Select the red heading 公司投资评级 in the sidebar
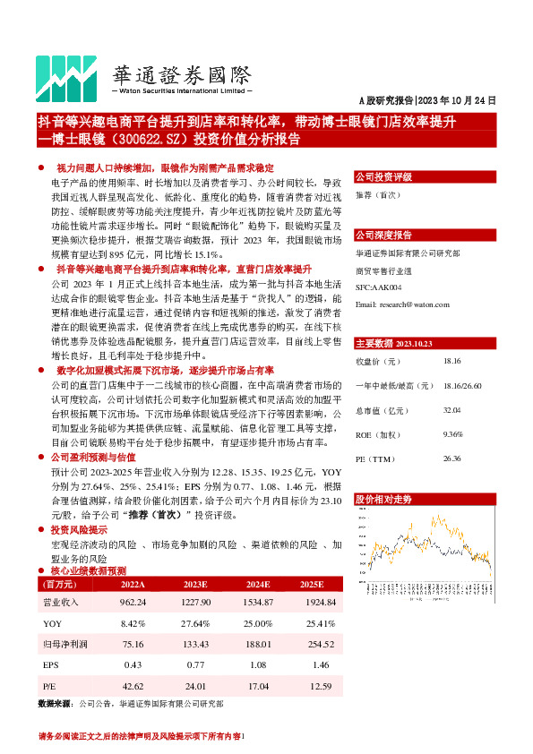tap(383, 177)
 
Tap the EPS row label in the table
tap(51, 664)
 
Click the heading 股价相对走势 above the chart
tap(384, 498)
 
